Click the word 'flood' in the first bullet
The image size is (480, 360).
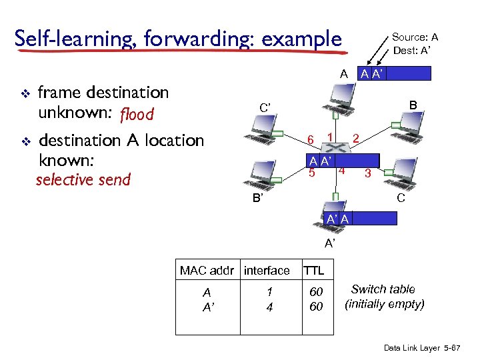click(137, 115)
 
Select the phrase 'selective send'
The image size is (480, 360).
click(83, 179)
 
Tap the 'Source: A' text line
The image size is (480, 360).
click(419, 37)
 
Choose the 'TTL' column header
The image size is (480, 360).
click(314, 270)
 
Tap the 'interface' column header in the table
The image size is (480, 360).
click(267, 270)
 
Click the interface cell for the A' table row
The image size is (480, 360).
click(269, 306)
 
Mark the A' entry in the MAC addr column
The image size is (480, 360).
click(208, 306)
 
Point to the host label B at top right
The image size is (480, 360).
click(413, 105)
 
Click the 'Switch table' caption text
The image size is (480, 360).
click(383, 289)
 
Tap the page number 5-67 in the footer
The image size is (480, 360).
click(460, 349)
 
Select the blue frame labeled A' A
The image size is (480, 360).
click(359, 219)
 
